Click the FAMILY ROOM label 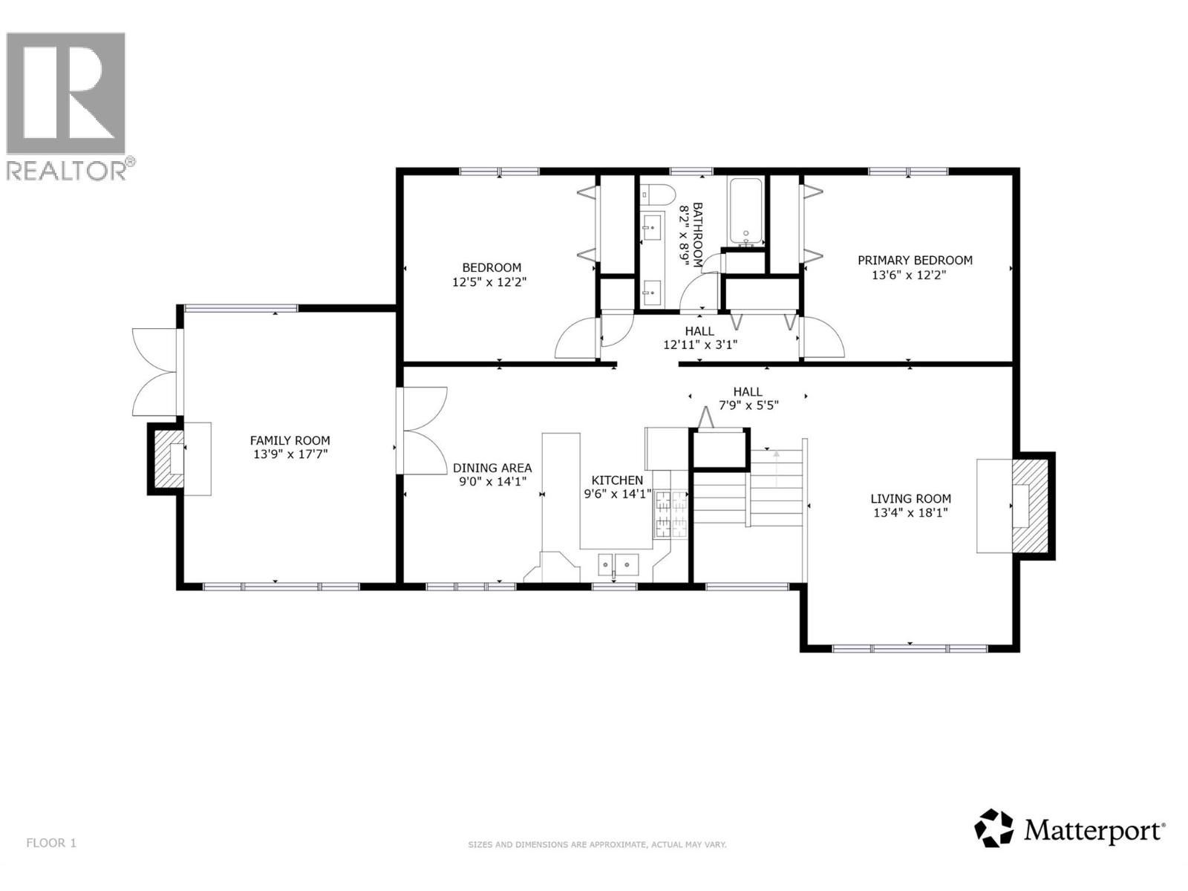[x=290, y=440]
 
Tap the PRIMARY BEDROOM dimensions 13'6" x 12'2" [x=909, y=275]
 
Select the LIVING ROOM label [x=910, y=499]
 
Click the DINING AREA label [x=492, y=468]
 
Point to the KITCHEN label [x=617, y=480]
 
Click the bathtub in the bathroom [x=745, y=211]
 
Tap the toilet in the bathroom [x=658, y=195]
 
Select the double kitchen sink [x=619, y=566]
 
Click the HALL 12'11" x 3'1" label [x=699, y=338]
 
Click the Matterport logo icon [x=993, y=828]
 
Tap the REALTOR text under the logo [x=67, y=170]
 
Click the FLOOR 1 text [x=51, y=843]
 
